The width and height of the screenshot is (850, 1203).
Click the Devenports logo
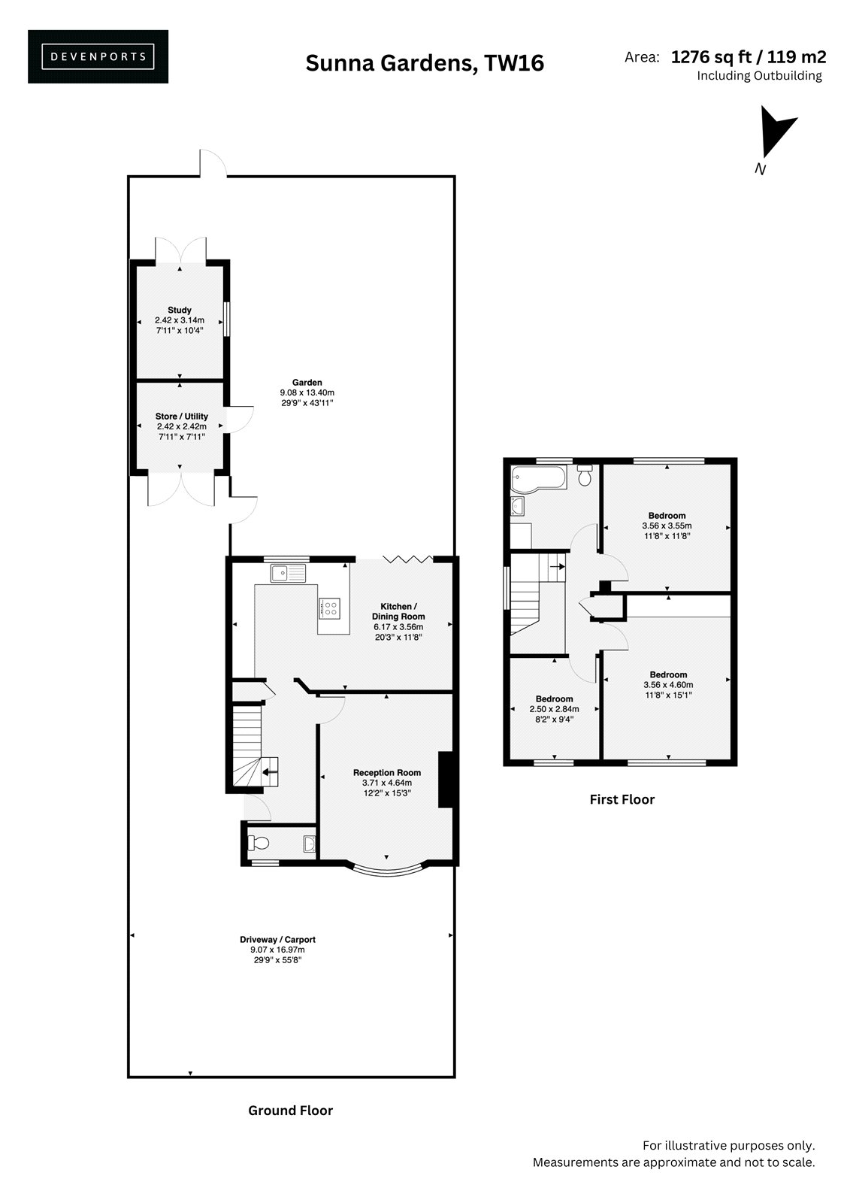coord(98,56)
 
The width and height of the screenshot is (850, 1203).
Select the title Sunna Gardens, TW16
coord(425,63)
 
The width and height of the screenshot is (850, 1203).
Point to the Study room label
coord(180,310)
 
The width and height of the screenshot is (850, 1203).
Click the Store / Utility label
coord(181,417)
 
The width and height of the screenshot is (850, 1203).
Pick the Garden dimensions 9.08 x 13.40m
coord(307,392)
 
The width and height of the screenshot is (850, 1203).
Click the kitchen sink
coord(289,573)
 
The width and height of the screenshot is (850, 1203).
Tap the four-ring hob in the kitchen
coord(328,608)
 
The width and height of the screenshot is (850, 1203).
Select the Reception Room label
coord(386,772)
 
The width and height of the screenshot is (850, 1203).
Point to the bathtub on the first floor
coord(539,478)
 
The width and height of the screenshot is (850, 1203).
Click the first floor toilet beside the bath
coord(585,474)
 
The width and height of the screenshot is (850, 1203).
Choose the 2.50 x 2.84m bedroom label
coord(554,709)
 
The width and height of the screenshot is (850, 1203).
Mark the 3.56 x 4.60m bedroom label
coord(669,685)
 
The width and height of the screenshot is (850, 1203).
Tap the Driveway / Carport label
coord(277,939)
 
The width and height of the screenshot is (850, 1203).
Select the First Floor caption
coord(622,799)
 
